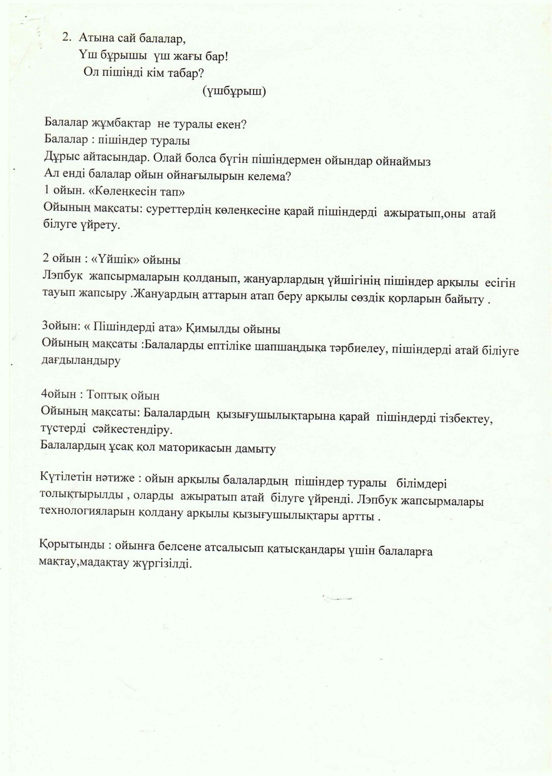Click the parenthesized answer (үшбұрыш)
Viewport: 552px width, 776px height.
[x=234, y=91]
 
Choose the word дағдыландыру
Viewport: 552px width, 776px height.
[x=80, y=361]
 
